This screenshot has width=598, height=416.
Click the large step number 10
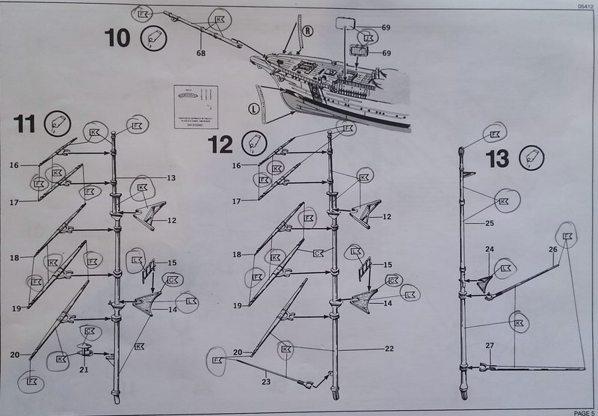[117, 37]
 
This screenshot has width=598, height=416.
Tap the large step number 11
[24, 124]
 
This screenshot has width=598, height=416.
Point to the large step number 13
[497, 158]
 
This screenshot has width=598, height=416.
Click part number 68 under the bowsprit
[201, 53]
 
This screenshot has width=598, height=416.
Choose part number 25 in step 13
[490, 223]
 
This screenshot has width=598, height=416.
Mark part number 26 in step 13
[553, 249]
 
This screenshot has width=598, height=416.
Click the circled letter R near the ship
[306, 31]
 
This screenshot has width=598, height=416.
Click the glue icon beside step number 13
[532, 157]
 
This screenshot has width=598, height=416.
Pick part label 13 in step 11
[170, 178]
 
